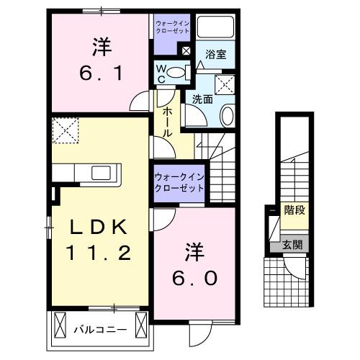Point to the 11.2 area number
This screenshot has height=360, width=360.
tap(99, 253)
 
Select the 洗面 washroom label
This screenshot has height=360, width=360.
tap(202, 99)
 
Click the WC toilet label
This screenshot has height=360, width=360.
tap(163, 73)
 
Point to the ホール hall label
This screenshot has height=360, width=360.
tap(166, 119)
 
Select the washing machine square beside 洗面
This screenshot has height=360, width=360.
tap(228, 84)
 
